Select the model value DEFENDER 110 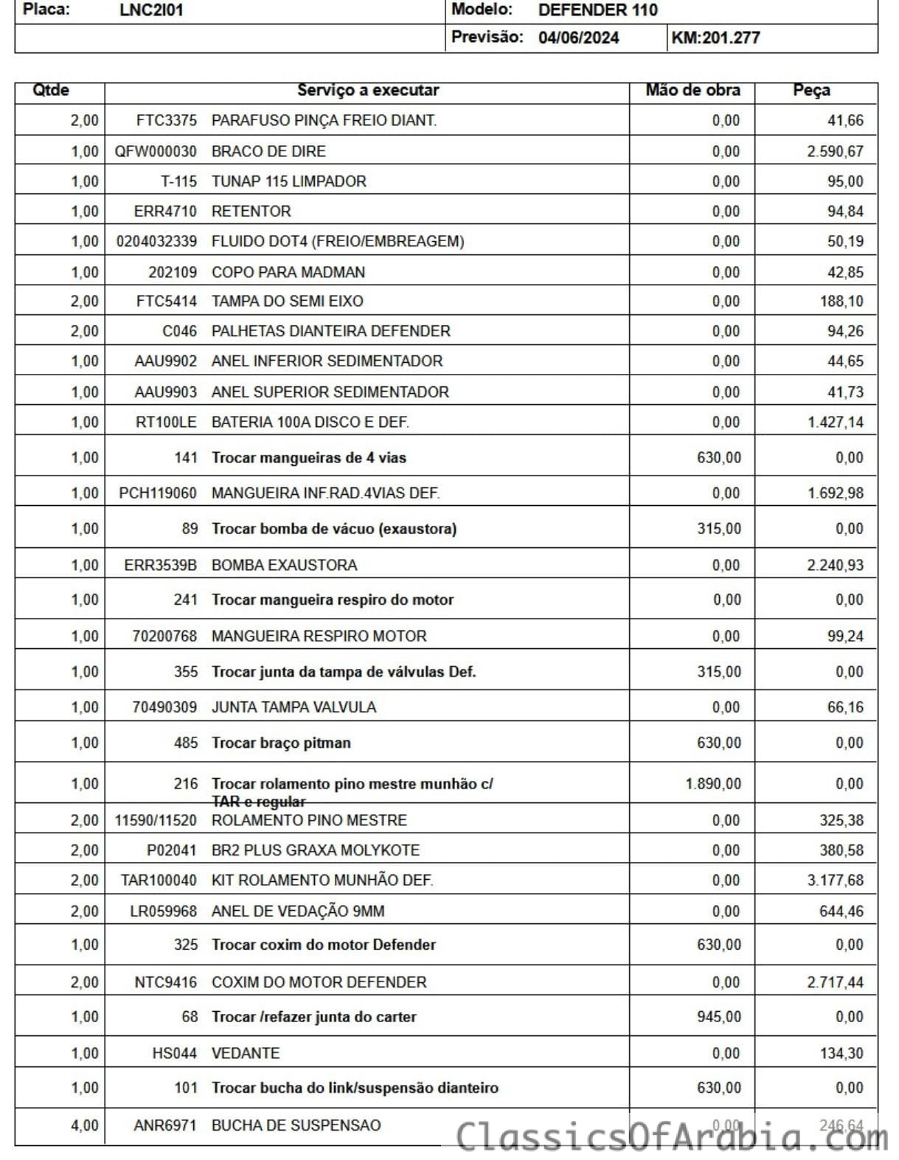(597, 10)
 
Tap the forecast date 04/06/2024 (578, 38)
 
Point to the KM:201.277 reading (715, 38)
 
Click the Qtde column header (51, 91)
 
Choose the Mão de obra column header (693, 91)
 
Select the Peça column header (811, 91)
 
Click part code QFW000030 (156, 151)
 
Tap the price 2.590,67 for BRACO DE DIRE (835, 151)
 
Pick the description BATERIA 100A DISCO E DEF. (310, 422)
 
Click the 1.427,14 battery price (835, 422)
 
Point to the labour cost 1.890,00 (713, 784)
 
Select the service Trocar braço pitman (281, 743)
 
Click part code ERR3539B (161, 565)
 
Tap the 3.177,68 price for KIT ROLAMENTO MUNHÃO (835, 880)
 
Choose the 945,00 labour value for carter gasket (719, 1017)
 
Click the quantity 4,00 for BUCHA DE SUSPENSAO (84, 1125)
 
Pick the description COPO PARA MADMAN (288, 272)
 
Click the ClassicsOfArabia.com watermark (671, 1136)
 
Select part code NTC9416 (165, 982)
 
